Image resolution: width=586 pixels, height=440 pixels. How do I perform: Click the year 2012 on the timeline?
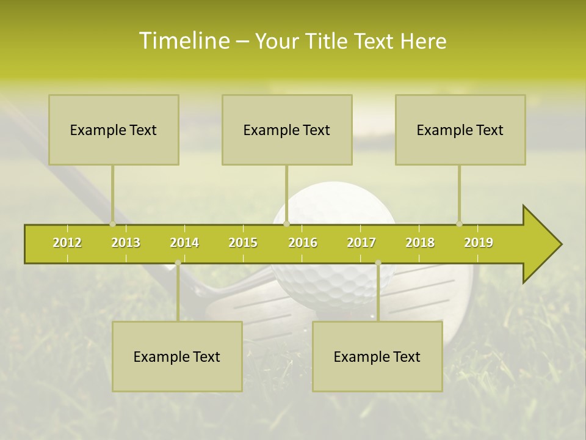click(67, 243)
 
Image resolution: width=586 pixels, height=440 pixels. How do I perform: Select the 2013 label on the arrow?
click(126, 243)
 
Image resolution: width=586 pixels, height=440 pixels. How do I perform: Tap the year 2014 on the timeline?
click(184, 243)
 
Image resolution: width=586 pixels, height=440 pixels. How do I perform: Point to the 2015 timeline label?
click(243, 243)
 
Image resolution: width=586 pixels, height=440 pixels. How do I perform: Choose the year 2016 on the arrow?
click(303, 243)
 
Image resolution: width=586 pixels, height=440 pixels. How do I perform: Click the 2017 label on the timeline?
click(361, 243)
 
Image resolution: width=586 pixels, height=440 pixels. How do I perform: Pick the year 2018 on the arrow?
click(420, 243)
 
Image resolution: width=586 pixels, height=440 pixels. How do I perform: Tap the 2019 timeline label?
click(479, 243)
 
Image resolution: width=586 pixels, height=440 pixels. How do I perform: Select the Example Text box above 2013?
click(114, 130)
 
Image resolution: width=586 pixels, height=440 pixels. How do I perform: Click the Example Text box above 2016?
click(287, 130)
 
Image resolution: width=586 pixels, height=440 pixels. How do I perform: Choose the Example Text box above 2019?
click(460, 130)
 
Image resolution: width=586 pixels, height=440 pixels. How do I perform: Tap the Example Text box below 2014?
click(177, 356)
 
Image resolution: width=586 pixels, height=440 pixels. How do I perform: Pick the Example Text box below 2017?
click(377, 356)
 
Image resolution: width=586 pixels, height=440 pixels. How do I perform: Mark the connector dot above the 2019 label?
click(459, 224)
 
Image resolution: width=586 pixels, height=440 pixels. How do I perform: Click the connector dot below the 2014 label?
click(178, 263)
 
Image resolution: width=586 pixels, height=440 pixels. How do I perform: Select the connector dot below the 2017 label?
click(378, 263)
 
